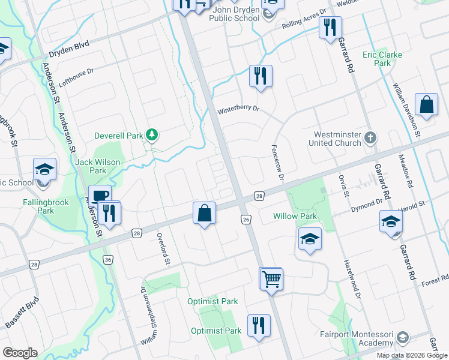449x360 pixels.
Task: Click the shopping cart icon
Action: point(271,278)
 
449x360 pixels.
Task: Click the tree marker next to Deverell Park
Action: point(152,136)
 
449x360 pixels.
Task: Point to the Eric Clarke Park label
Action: point(382,59)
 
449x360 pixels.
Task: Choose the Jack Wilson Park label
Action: point(97,166)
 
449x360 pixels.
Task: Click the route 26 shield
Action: point(246,220)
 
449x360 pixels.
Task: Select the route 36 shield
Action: point(107,259)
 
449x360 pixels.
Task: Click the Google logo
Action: point(20,353)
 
